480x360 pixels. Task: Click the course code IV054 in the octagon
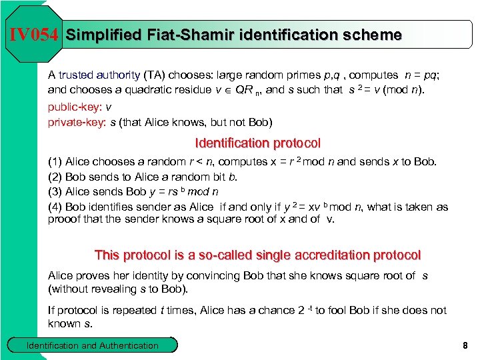click(34, 35)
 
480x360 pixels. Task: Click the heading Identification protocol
click(257, 143)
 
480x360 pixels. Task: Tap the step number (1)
click(55, 161)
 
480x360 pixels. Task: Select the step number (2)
click(55, 177)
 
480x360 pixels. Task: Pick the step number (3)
click(55, 192)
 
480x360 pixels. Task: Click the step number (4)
click(55, 207)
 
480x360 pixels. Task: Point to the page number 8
click(464, 345)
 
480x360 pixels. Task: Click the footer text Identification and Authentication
click(92, 345)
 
